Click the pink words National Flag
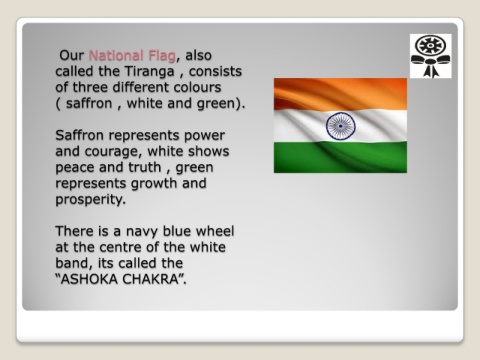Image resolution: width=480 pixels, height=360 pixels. (131, 55)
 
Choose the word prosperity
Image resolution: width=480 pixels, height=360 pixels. (89, 199)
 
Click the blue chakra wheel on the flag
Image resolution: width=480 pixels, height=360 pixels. (340, 125)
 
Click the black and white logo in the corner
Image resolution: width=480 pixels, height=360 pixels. (430, 56)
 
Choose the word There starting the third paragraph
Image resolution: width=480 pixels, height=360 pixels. (75, 231)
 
